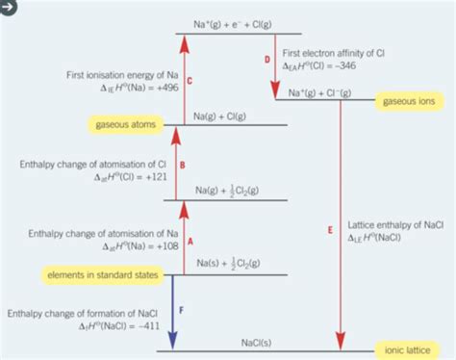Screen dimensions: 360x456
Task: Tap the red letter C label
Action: [x=190, y=83]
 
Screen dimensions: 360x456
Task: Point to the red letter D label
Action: [x=267, y=60]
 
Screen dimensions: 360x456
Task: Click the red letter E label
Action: [x=329, y=230]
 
